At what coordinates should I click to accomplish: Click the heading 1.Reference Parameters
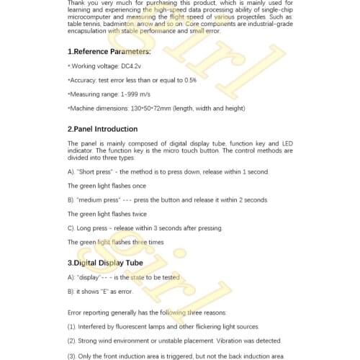[x=99, y=52]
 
